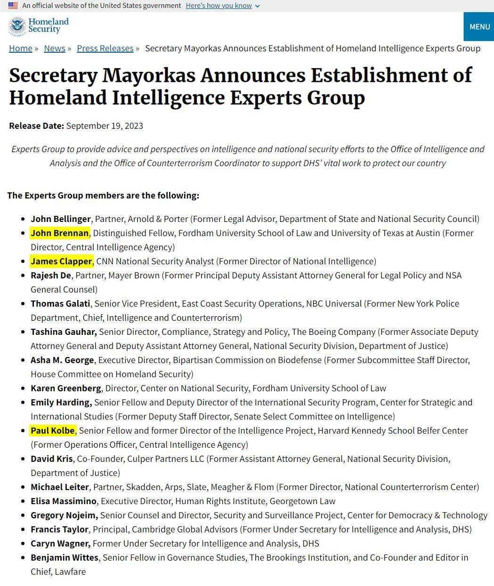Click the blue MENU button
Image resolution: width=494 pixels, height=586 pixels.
click(479, 27)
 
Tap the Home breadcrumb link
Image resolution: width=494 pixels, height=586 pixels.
click(21, 48)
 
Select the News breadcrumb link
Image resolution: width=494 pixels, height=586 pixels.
click(55, 48)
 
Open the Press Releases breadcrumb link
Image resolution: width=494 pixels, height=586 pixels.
click(105, 48)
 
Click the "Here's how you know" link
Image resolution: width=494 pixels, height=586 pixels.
click(219, 6)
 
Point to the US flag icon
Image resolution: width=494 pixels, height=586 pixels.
click(13, 6)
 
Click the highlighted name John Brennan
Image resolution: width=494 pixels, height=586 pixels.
click(60, 233)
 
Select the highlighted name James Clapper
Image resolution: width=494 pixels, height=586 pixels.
click(62, 261)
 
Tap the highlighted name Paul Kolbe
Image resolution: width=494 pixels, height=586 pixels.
click(53, 430)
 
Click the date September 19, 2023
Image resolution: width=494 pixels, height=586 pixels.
click(105, 126)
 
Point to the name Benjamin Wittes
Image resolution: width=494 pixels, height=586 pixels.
click(65, 557)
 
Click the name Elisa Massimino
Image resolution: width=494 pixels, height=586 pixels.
click(64, 501)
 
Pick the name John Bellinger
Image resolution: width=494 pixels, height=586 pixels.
click(61, 219)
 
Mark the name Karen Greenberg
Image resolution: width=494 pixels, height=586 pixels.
click(66, 388)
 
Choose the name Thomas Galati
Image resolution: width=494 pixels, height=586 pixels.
click(60, 303)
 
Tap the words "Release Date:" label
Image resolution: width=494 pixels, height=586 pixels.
click(36, 126)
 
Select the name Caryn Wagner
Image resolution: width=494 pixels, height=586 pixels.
click(60, 543)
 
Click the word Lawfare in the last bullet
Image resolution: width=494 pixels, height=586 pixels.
click(70, 571)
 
